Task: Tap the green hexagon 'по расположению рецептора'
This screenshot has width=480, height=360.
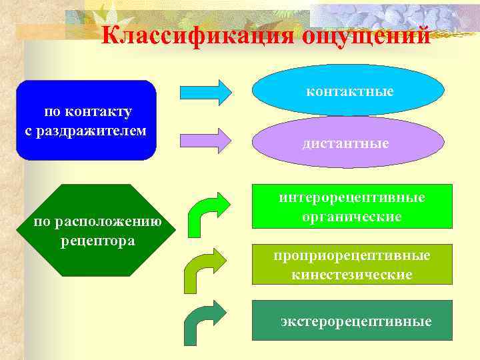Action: click(97, 230)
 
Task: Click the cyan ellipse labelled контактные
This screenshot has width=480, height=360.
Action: click(349, 91)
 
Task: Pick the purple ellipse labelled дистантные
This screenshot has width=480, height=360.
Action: click(346, 142)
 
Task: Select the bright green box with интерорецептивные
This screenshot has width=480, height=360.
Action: click(351, 207)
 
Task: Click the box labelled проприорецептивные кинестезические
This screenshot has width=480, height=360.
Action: click(351, 265)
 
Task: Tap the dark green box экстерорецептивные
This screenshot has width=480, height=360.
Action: click(351, 321)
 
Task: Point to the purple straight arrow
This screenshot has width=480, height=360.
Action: click(206, 138)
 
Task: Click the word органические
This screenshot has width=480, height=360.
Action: click(351, 217)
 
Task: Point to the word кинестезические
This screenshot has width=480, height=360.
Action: click(351, 275)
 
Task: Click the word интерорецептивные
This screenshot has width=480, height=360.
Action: click(351, 198)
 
